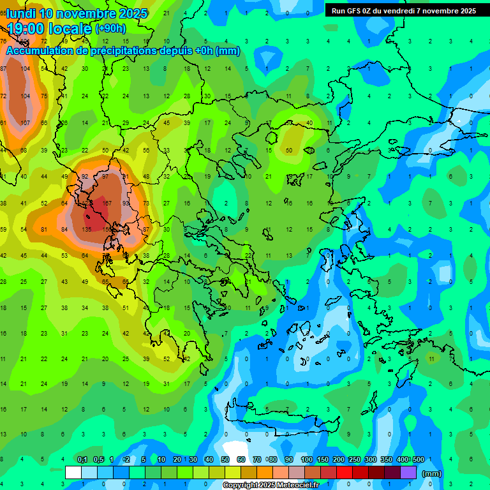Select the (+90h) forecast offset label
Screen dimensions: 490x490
110,28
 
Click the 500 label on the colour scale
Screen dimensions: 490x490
418,460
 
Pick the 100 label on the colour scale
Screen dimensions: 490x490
307,460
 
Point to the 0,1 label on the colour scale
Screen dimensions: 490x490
82,460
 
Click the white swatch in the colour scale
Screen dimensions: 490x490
73,472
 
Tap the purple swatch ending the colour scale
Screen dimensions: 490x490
408,472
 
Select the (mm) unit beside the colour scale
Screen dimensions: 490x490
432,473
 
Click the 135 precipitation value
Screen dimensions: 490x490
86,229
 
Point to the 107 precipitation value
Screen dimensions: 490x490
26,122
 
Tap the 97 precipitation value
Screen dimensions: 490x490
106,176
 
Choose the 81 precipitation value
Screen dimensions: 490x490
44,229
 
